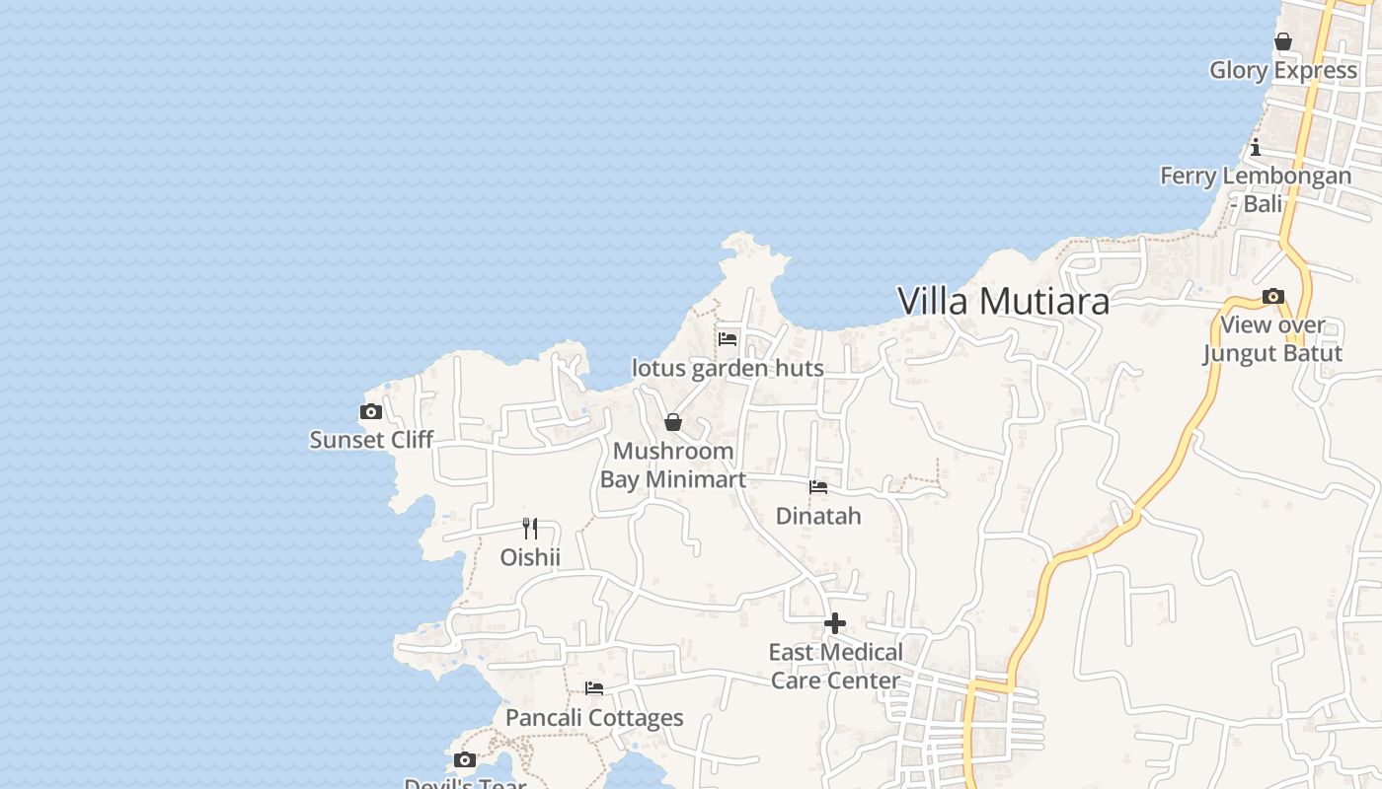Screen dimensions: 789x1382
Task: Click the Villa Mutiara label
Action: pos(1004,302)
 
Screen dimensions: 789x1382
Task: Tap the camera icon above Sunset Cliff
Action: pos(371,412)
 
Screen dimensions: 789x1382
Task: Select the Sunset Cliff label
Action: pos(371,440)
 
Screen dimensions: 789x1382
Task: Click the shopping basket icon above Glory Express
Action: pos(1283,41)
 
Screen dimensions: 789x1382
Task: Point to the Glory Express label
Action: pos(1283,70)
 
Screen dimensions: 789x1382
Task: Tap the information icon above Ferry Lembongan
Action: pos(1256,148)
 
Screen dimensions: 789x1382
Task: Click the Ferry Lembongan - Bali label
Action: pos(1256,189)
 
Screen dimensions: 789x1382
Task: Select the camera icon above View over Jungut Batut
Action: pos(1273,297)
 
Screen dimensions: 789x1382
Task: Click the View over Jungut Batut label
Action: pos(1272,339)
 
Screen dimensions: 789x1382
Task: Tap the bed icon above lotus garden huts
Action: pos(728,339)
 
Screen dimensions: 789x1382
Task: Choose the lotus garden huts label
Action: pos(728,368)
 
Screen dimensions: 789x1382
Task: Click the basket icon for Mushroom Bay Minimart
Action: pos(673,423)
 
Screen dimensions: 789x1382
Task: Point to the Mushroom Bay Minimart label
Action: pos(673,465)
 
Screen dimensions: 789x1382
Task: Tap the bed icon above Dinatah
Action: pos(818,487)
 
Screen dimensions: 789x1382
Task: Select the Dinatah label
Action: pos(818,516)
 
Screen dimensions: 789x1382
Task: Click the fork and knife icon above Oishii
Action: pos(530,529)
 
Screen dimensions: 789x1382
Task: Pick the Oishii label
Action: pos(530,557)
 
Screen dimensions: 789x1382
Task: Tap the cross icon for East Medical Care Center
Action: pos(835,623)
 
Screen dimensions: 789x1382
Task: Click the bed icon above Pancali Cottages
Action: pos(594,688)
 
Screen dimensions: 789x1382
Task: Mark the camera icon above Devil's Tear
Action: pos(465,760)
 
